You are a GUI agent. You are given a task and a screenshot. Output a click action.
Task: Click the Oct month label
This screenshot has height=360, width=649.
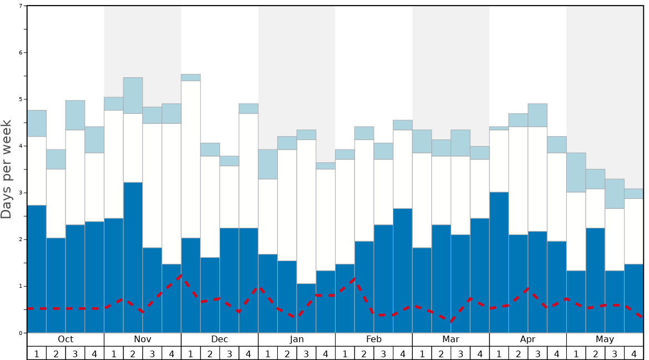pos(66,339)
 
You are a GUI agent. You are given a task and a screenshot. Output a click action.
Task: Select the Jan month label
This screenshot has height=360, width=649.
pos(297,339)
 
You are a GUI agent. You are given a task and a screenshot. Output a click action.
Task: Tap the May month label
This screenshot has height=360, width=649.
pos(605,339)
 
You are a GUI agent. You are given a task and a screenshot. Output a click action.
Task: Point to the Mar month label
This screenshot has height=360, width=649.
pos(451,339)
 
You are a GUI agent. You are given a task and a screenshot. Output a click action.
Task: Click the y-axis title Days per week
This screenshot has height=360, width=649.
pos(7,169)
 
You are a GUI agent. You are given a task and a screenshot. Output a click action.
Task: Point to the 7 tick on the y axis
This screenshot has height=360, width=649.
pos(21,6)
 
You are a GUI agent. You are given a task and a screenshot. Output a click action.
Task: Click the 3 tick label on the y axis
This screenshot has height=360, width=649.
pos(21,193)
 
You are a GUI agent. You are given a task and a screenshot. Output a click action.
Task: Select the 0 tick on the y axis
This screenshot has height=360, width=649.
pos(21,333)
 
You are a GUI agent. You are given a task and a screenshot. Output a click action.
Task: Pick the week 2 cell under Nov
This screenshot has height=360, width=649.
pos(133,353)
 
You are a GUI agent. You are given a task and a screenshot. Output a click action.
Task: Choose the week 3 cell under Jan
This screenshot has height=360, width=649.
pos(306,353)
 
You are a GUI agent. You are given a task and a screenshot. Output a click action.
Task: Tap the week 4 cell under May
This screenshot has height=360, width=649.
pos(634,353)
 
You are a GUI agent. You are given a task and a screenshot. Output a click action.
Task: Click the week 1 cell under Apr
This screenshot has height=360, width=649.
pos(499,353)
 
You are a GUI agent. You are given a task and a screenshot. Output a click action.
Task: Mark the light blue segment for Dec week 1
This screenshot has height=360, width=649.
pos(191,77)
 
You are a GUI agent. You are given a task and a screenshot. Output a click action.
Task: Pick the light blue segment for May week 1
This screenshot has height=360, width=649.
pos(576,172)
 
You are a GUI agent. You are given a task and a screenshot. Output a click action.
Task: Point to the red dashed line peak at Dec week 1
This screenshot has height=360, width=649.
pos(181,274)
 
